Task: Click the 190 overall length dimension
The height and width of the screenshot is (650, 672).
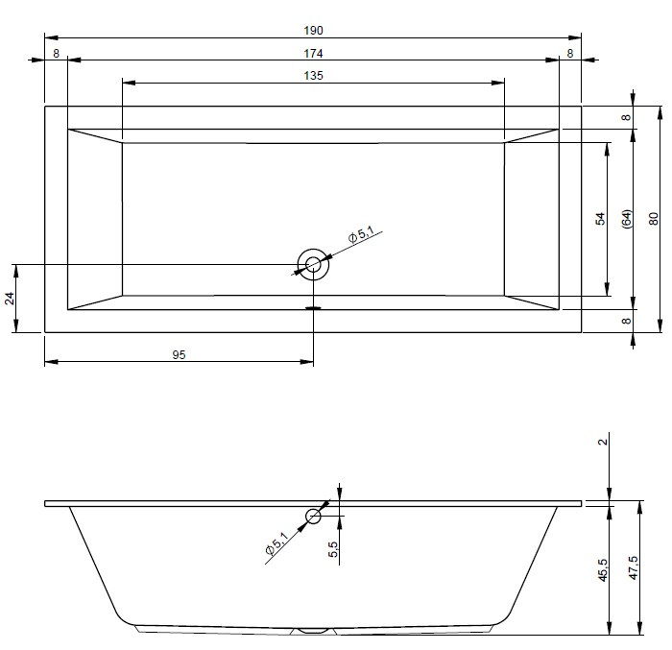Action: [313, 31]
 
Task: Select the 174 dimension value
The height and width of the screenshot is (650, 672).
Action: [313, 54]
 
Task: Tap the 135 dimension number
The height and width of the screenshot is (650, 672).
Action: [313, 76]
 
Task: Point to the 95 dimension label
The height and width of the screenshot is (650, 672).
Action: [179, 355]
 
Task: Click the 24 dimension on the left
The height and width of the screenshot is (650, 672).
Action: [10, 298]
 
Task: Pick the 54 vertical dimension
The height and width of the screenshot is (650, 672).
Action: [600, 219]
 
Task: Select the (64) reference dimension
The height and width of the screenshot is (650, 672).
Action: [627, 219]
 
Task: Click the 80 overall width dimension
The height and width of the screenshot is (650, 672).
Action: [654, 219]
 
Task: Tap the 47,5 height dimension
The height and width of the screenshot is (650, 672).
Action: [634, 567]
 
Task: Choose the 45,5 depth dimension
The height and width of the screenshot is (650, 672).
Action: [603, 569]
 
